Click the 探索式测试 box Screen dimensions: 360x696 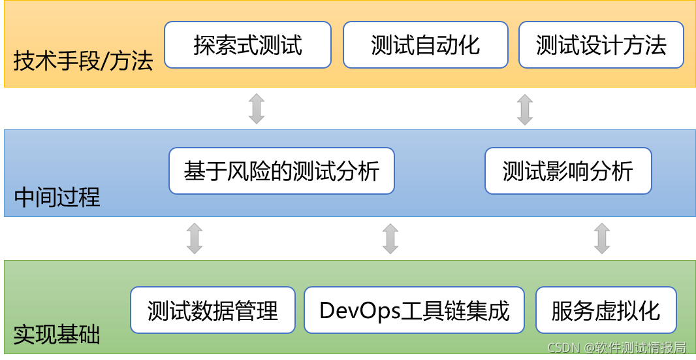247,44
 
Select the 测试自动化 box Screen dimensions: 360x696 425,44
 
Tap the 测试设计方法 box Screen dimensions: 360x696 601,44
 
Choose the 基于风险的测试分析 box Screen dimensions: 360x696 281,171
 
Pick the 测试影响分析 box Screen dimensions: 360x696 568,171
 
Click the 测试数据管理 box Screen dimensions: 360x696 213,310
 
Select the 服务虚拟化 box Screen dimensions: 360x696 605,310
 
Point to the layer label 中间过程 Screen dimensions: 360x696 57,197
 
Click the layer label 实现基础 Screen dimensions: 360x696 57,335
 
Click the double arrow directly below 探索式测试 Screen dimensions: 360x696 257,109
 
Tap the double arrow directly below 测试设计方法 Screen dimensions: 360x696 525,109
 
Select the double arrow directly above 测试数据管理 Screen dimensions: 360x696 195,238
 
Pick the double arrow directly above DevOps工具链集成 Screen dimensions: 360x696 390,238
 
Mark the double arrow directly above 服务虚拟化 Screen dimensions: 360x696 602,238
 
